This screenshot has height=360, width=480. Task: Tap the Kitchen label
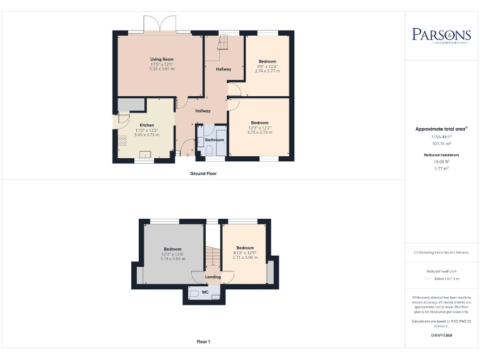(146, 125)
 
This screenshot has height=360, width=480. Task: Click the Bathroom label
(214, 140)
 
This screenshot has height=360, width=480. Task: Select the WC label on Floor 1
(204, 291)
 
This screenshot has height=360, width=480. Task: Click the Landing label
(213, 276)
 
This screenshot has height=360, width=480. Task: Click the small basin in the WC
(216, 297)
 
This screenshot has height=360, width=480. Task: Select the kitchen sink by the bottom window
(144, 154)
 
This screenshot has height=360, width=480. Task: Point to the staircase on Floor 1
(212, 256)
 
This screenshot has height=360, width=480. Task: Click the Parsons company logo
(441, 35)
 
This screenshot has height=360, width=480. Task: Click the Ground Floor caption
(203, 173)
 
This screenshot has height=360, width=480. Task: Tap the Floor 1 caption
(203, 342)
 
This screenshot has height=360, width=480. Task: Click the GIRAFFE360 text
(441, 336)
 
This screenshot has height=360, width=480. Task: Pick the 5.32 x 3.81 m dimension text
(161, 69)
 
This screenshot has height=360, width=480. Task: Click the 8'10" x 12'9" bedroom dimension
(245, 252)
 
